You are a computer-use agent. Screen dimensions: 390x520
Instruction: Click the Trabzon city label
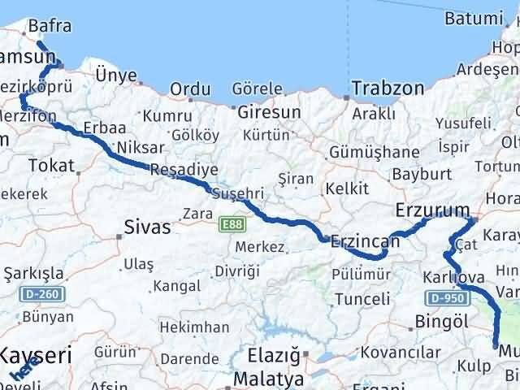click(388, 87)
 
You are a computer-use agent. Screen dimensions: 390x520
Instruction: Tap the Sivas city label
click(148, 227)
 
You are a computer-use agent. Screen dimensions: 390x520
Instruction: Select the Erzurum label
click(432, 210)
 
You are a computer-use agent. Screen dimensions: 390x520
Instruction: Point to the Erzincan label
click(366, 241)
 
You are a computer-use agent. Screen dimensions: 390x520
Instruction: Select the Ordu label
click(190, 89)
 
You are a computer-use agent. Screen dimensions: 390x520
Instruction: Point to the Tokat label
click(51, 166)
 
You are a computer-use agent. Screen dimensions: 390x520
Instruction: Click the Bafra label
click(50, 27)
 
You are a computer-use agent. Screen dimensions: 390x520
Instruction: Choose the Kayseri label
click(36, 355)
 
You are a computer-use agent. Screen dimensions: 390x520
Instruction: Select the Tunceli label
click(362, 299)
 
